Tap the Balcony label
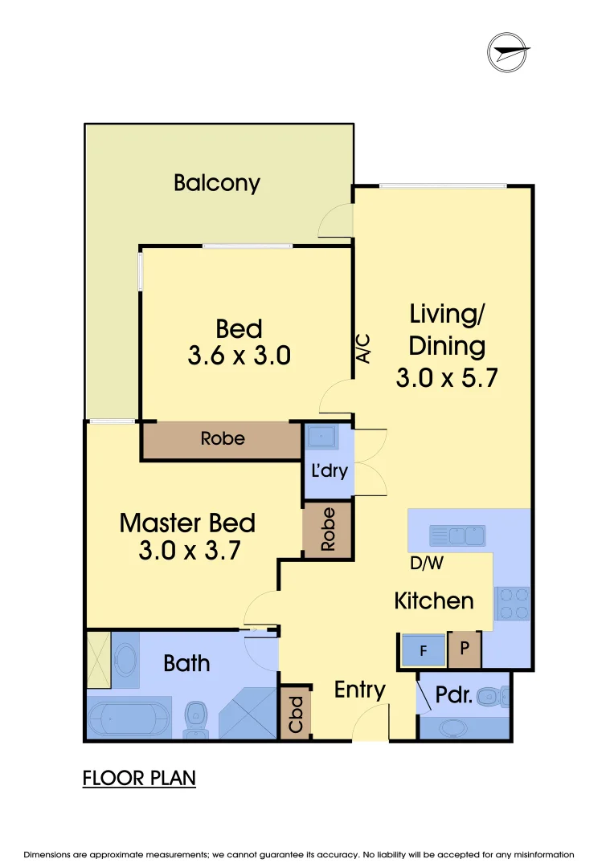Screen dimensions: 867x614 point(217,183)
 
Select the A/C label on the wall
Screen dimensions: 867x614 point(363,348)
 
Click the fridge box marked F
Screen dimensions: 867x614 point(424,651)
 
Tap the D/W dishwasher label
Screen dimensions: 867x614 point(426,564)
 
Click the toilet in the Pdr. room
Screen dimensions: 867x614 point(492,696)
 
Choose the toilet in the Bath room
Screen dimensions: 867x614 point(195,719)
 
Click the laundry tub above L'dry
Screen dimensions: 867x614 point(324,438)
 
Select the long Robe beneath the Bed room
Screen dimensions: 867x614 point(223,439)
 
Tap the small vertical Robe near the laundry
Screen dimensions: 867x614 point(328,531)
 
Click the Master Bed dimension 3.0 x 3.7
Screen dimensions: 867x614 point(187,552)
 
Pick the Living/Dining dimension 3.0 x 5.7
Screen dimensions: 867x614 point(447,377)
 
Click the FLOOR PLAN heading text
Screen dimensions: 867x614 point(139,778)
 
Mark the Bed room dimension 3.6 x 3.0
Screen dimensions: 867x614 point(239,356)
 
